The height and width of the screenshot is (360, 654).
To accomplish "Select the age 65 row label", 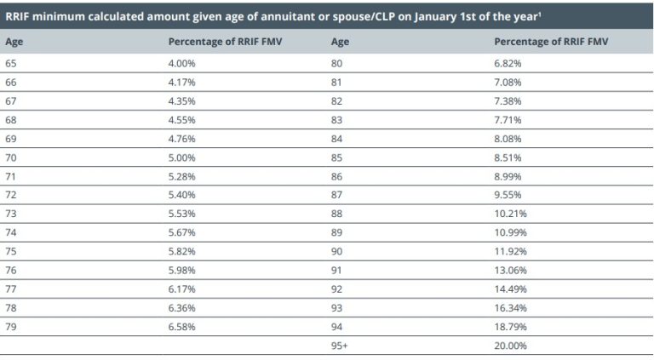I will coord(10,63).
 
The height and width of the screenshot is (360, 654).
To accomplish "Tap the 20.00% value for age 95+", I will coord(509,346).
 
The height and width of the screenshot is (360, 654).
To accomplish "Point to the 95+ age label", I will coord(338,346).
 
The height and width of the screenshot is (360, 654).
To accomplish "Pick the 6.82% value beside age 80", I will coord(508,63).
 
